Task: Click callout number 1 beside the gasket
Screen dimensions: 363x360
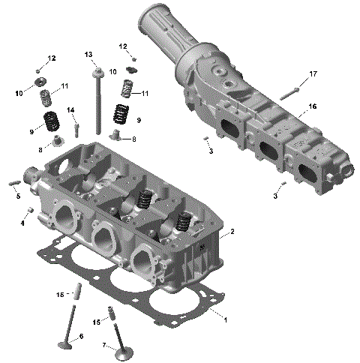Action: click(225, 319)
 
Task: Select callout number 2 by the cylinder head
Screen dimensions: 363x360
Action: click(232, 232)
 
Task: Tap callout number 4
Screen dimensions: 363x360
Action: click(22, 223)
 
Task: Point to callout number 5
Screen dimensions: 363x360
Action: click(18, 196)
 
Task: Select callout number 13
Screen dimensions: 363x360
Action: click(88, 55)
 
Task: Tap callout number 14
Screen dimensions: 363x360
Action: click(70, 110)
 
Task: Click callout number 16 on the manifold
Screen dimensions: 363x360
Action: click(312, 106)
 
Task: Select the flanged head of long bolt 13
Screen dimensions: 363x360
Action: click(97, 72)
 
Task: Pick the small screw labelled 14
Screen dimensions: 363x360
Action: click(76, 129)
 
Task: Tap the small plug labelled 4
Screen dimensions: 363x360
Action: click(30, 208)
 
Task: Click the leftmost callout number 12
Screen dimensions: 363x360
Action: click(52, 58)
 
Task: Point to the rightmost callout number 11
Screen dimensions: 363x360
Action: click(145, 94)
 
